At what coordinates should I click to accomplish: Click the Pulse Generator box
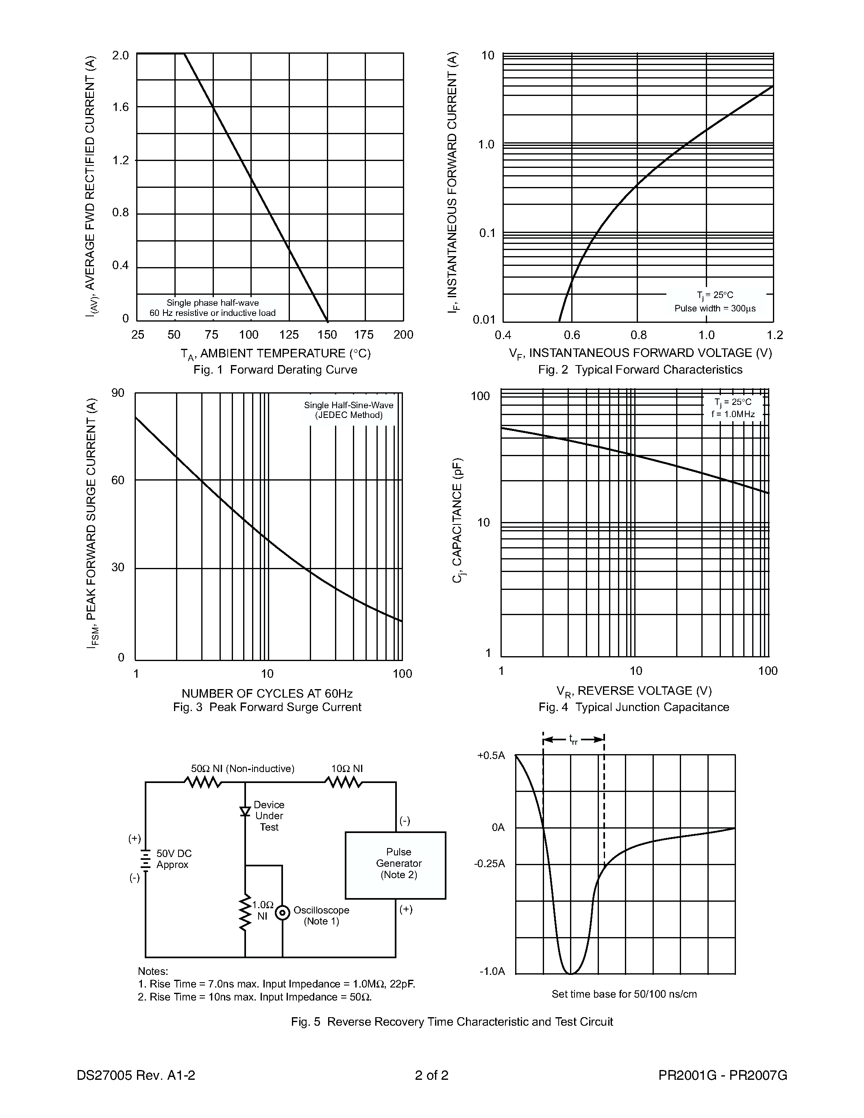(x=395, y=865)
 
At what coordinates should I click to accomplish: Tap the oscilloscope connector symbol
(x=283, y=912)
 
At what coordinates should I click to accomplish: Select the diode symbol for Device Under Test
(x=245, y=811)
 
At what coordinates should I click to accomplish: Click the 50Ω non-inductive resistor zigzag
(x=203, y=782)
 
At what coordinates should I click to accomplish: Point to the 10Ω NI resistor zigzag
(x=344, y=782)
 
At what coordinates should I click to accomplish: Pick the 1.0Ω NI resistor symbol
(x=246, y=912)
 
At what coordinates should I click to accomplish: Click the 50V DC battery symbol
(x=146, y=860)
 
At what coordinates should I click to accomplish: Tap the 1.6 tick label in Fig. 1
(x=121, y=107)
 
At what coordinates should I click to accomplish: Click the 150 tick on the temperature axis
(x=327, y=335)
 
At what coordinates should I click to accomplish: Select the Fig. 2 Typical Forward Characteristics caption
(x=640, y=370)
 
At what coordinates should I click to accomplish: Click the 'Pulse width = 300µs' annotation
(x=714, y=308)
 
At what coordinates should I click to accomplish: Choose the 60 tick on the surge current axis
(x=118, y=480)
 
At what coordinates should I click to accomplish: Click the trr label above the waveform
(x=573, y=739)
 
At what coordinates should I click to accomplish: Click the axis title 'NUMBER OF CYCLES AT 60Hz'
(x=267, y=694)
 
